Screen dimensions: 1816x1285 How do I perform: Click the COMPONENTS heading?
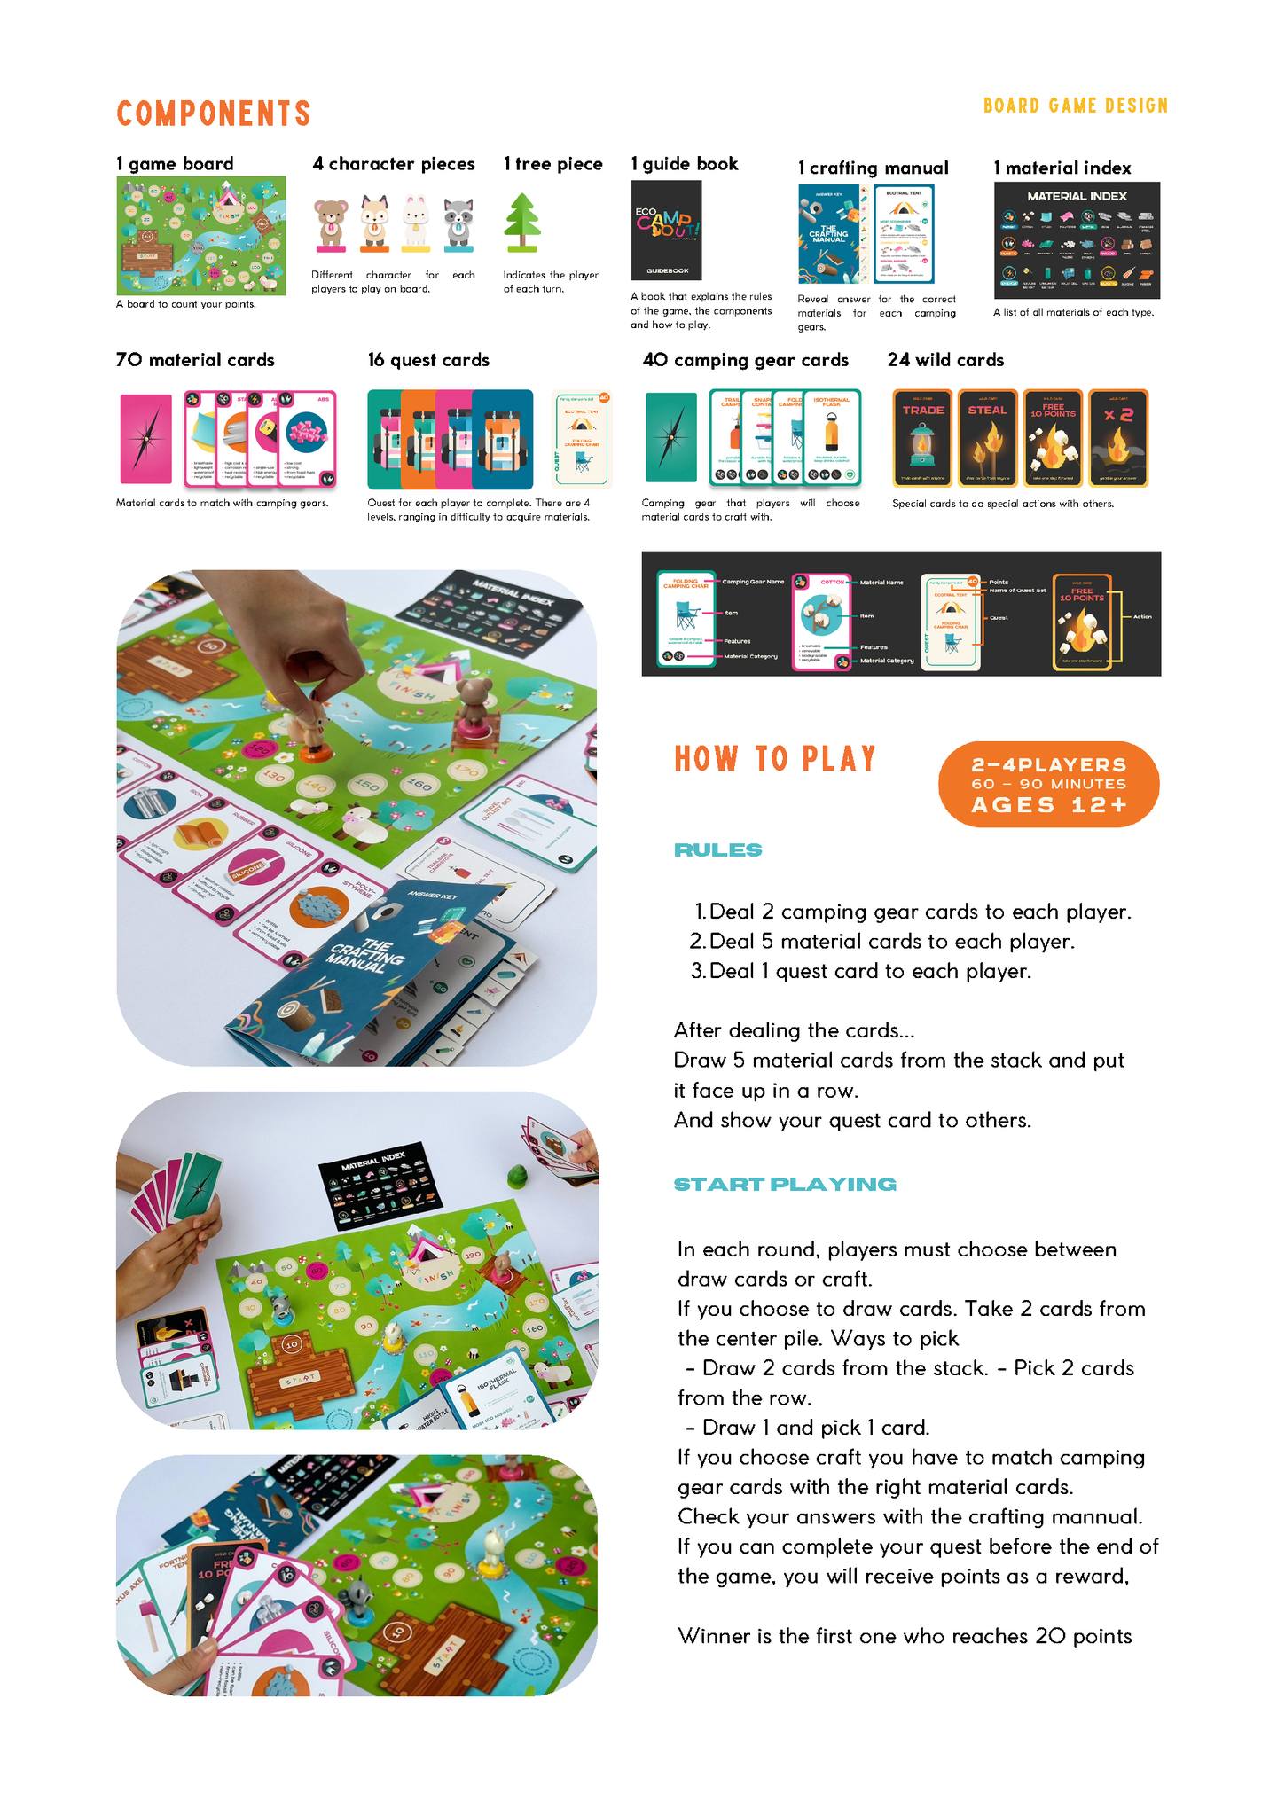[x=214, y=113]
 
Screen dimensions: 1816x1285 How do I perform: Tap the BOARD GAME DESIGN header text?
[x=1075, y=106]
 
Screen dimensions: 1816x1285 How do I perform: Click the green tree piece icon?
[x=522, y=223]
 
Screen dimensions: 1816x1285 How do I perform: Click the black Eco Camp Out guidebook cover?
[x=666, y=231]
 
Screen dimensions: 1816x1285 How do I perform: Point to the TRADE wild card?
[x=923, y=438]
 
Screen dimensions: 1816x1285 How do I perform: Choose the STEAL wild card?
[x=987, y=438]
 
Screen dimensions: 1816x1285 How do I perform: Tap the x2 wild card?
[x=1118, y=438]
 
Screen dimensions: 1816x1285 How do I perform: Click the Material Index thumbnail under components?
[x=1077, y=240]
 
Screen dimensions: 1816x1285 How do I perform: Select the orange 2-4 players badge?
[x=1048, y=784]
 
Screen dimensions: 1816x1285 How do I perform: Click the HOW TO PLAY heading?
[x=775, y=759]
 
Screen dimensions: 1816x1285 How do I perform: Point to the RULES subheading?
[x=717, y=850]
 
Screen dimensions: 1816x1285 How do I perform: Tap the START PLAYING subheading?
[x=785, y=1184]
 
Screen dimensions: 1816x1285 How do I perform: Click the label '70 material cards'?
[x=195, y=360]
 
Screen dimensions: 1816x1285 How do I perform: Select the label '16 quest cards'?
[x=428, y=360]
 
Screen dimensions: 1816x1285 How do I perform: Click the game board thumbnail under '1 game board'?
[x=201, y=235]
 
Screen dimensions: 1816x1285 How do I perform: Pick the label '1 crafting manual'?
[x=873, y=168]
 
